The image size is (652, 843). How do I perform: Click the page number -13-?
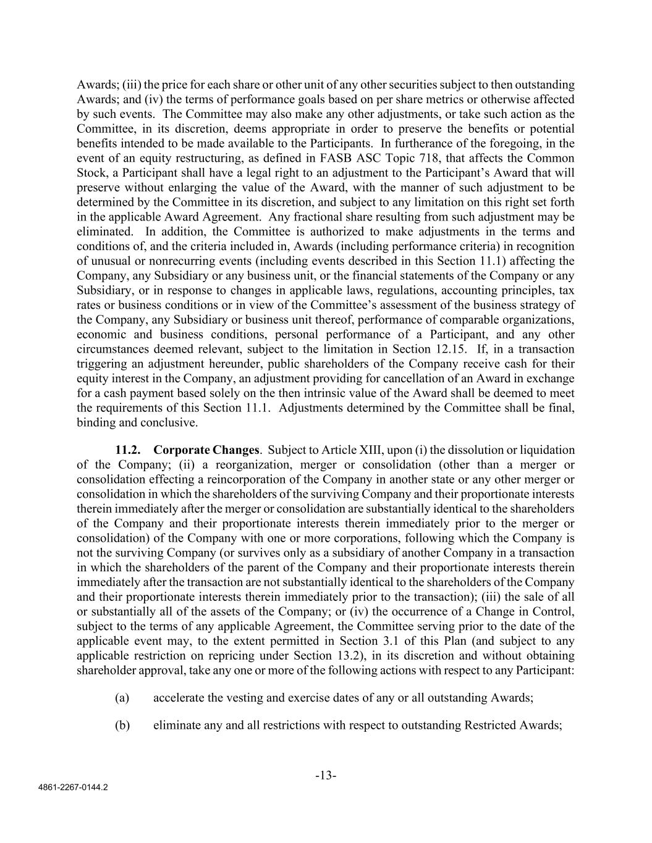coord(326,776)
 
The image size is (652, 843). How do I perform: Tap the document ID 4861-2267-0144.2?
coord(71,788)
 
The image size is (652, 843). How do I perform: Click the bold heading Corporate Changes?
coord(206,450)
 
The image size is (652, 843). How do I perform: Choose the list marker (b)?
coord(122,724)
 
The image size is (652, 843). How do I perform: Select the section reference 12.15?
coord(447,349)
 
